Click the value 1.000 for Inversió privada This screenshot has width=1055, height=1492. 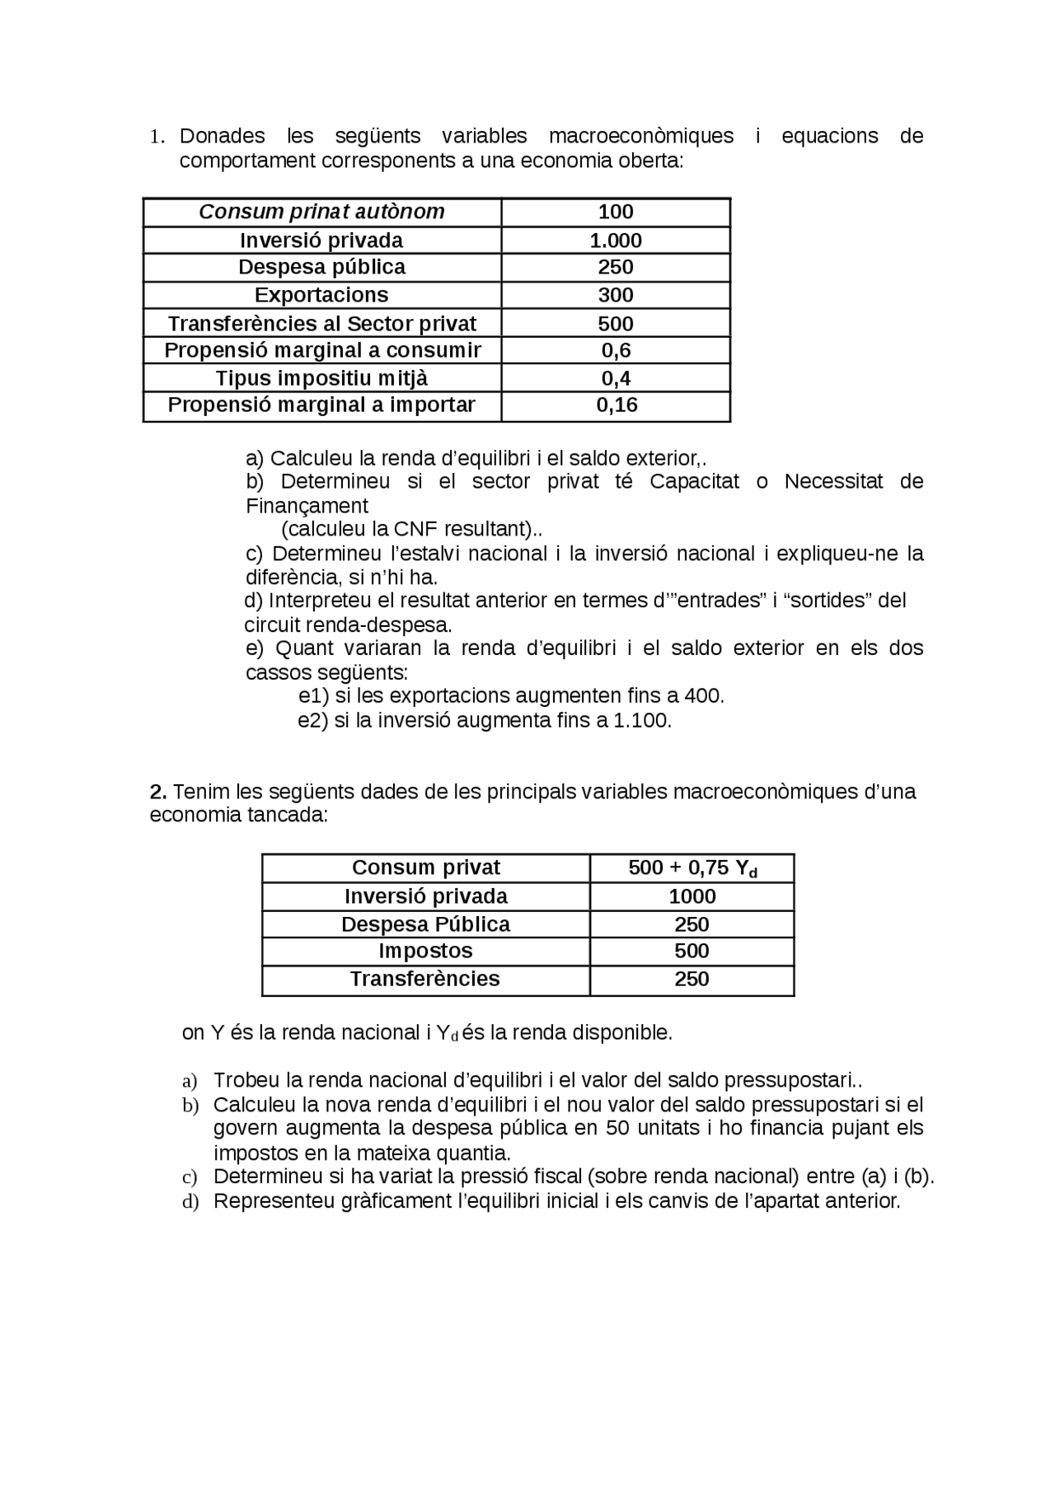[x=615, y=240]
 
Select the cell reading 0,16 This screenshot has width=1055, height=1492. [x=617, y=405]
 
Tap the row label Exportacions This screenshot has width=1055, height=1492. [x=321, y=295]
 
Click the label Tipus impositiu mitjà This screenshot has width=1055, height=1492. [x=321, y=378]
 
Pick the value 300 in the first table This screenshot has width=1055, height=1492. [x=615, y=295]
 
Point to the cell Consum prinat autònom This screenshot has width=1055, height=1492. [x=321, y=212]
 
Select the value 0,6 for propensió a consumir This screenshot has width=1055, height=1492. [x=616, y=350]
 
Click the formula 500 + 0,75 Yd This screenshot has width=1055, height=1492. [x=692, y=868]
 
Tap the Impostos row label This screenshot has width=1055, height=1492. [x=425, y=951]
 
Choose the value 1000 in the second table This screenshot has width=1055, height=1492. [x=692, y=896]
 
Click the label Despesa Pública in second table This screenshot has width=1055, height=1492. [x=425, y=924]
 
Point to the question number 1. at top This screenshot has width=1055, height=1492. [x=157, y=138]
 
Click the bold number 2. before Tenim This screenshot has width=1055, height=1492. [x=158, y=793]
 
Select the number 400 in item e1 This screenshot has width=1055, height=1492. [x=702, y=696]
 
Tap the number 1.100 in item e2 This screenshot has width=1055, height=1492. [x=642, y=721]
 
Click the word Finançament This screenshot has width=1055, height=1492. [x=307, y=506]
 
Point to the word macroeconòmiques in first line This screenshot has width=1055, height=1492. [x=640, y=136]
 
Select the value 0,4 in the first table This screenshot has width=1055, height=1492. [x=616, y=378]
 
